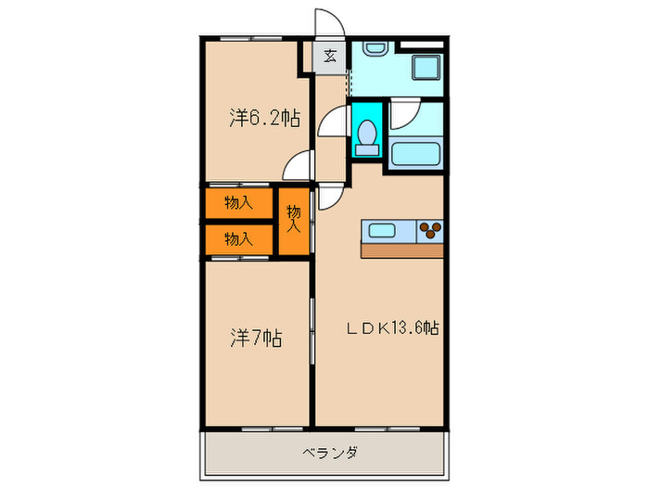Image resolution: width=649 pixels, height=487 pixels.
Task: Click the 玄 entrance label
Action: click(330, 56)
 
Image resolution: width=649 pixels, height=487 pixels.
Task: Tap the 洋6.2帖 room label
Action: click(264, 118)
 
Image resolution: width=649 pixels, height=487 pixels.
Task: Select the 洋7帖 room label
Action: click(256, 339)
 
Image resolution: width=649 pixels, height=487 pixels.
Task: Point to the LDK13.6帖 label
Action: click(393, 327)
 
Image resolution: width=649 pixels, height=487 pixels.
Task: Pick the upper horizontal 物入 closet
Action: click(238, 201)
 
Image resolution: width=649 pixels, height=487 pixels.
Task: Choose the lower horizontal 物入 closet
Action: click(238, 238)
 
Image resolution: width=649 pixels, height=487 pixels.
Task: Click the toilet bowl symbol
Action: click(365, 134)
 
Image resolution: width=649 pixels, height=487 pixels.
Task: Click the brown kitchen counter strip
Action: click(401, 250)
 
